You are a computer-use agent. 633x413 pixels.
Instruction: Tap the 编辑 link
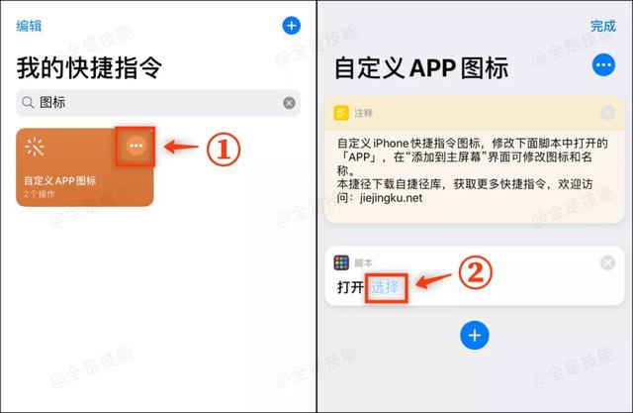tap(29, 27)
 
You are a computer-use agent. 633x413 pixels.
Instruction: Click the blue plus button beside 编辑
tap(291, 26)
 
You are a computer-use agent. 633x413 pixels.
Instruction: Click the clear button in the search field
tap(289, 102)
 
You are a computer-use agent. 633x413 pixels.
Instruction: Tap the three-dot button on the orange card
tap(136, 147)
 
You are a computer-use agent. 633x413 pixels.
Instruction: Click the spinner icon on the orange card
tap(36, 148)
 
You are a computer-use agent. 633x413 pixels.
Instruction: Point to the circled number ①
tap(223, 149)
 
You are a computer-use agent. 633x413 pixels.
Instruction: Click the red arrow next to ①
tap(180, 148)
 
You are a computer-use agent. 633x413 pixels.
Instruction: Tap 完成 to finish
tap(602, 26)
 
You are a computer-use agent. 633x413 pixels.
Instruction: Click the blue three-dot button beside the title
tap(602, 66)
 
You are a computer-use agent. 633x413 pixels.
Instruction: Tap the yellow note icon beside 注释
tap(341, 113)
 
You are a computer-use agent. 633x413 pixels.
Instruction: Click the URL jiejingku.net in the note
tap(394, 197)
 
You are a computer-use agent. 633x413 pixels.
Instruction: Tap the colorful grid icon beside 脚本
tap(341, 262)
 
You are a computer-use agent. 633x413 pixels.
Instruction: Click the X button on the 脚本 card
tap(607, 262)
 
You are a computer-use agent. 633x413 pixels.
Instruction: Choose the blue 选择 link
tap(386, 287)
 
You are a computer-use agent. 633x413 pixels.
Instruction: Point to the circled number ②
tap(476, 274)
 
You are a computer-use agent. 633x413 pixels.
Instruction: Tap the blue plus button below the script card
tap(475, 335)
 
